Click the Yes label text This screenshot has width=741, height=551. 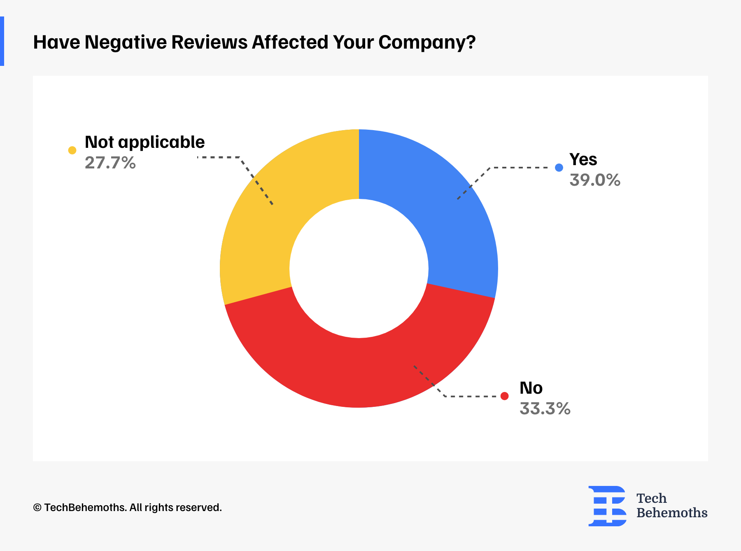tap(583, 160)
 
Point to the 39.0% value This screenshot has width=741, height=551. tap(595, 180)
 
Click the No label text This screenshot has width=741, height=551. tap(531, 388)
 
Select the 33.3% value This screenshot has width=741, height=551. tap(545, 409)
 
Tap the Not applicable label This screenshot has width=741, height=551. tap(144, 142)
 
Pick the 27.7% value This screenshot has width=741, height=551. tap(110, 163)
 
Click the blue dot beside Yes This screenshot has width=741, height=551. tap(559, 168)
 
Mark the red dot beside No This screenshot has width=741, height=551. tap(504, 396)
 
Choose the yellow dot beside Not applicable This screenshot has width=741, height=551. tap(72, 150)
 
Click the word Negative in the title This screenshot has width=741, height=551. tap(126, 42)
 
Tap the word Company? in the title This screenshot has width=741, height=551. tap(426, 42)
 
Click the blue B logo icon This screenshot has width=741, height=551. tap(607, 506)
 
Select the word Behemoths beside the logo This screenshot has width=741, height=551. tap(672, 513)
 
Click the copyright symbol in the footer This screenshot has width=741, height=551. tap(37, 508)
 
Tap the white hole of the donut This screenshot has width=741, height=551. tap(359, 268)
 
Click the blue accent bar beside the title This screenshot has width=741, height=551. tap(2, 41)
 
